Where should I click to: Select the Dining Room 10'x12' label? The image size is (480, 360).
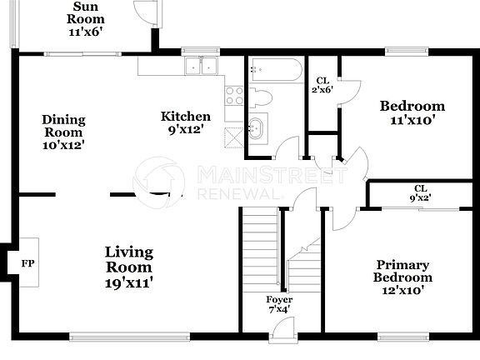click(x=63, y=132)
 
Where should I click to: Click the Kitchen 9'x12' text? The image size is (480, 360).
click(x=185, y=122)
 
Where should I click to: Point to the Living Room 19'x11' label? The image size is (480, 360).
click(x=128, y=267)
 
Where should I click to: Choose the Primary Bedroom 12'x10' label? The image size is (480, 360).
click(x=402, y=276)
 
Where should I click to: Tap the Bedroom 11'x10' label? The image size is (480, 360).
click(x=412, y=112)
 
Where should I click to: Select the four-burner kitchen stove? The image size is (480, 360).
click(x=234, y=95)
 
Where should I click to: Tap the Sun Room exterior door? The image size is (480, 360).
click(x=145, y=12)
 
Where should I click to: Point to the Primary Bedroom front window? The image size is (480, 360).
click(x=403, y=337)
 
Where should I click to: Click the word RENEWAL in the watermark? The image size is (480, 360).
click(x=241, y=193)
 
